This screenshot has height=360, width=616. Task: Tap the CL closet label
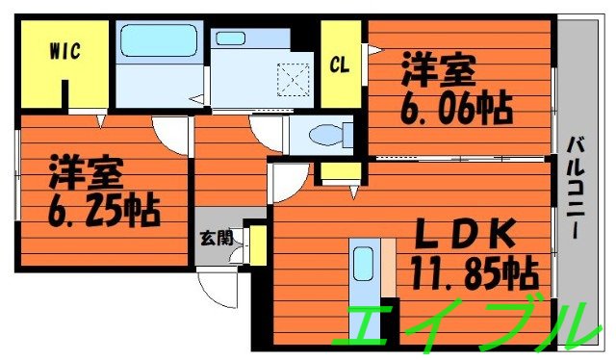[x=339, y=64]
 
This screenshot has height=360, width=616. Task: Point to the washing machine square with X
[x=289, y=78]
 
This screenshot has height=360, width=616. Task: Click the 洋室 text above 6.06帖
[x=440, y=70]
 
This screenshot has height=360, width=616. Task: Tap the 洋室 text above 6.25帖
[x=87, y=173]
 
